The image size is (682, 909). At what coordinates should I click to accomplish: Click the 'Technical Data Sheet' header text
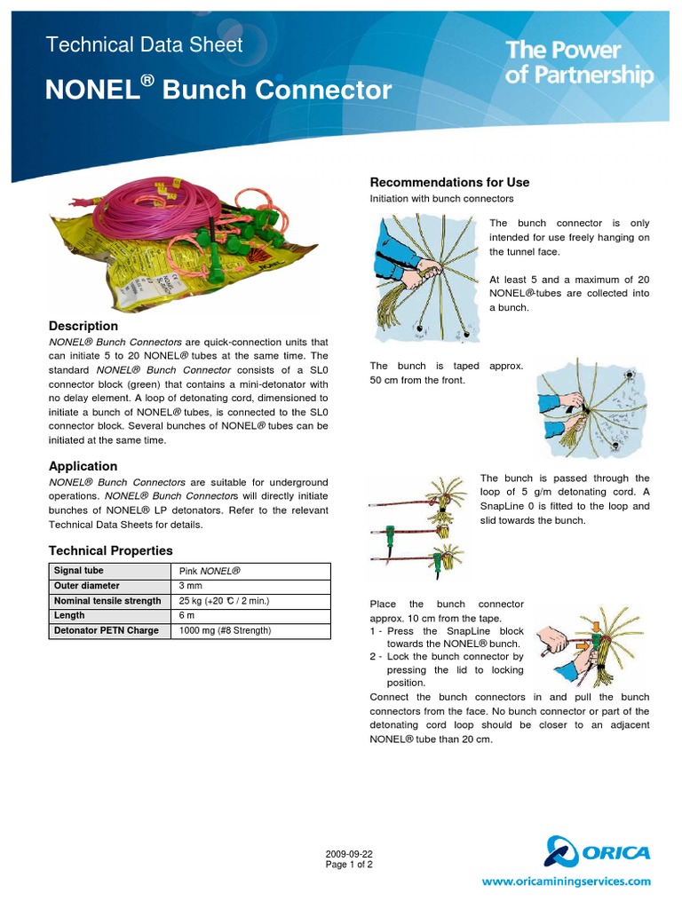[x=144, y=45]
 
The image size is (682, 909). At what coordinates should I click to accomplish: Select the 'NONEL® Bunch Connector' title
[x=218, y=89]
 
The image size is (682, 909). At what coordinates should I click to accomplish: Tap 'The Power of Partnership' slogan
[x=579, y=63]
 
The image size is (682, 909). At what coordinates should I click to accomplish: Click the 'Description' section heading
[x=83, y=326]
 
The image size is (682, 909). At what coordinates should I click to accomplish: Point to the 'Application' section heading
[x=83, y=466]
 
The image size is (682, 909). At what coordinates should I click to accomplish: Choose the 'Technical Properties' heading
[x=110, y=551]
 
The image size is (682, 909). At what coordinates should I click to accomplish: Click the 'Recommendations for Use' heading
[x=449, y=182]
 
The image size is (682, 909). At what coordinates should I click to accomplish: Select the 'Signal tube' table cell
[x=78, y=571]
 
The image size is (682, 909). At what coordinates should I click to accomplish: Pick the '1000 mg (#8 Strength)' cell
[x=225, y=631]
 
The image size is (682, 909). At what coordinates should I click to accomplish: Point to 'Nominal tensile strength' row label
[x=107, y=601]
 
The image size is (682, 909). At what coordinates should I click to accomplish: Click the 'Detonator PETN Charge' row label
[x=106, y=631]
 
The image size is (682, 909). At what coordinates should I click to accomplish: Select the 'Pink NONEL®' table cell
[x=210, y=571]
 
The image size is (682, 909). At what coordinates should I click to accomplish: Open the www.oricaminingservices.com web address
[x=566, y=882]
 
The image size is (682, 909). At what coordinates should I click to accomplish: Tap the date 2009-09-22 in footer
[x=350, y=854]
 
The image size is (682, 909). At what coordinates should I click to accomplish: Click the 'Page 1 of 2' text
[x=350, y=865]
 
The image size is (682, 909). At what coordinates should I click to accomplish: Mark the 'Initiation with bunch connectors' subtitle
[x=441, y=199]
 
